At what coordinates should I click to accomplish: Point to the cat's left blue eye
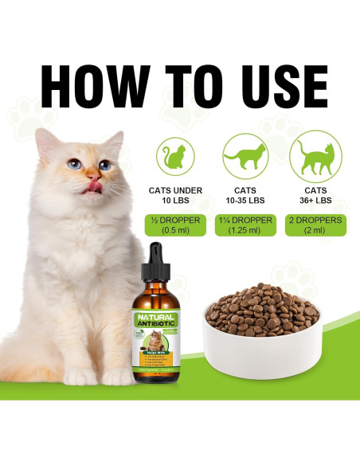click(73, 164)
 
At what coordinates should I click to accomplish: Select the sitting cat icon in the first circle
click(176, 156)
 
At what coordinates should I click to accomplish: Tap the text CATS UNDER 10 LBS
click(176, 196)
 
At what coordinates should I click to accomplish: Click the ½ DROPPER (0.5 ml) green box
click(176, 225)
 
